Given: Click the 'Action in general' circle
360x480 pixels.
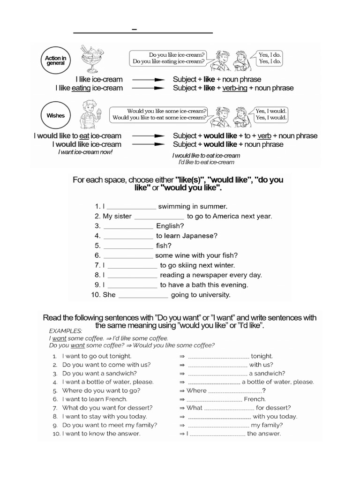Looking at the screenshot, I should pos(55,61).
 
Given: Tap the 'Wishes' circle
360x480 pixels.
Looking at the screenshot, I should pos(55,115).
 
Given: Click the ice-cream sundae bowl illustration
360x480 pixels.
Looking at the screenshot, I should pos(87,59).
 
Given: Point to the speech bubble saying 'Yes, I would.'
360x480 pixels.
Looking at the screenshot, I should pos(270,114).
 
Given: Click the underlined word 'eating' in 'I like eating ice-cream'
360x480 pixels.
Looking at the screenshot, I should pos(81,88).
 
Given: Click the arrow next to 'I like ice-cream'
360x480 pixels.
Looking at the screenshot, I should pos(148,80).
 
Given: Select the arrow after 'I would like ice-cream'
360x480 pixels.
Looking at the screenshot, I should pos(148,144).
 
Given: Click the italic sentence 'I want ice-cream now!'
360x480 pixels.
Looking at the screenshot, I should pos(85,152).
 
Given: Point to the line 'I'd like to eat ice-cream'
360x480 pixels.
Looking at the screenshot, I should pos(206,162).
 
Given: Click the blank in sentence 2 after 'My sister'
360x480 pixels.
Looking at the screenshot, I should pos(159,217).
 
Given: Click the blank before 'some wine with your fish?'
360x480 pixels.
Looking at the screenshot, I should pos(127,256).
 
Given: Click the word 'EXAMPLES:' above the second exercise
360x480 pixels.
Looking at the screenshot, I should pos(66,330).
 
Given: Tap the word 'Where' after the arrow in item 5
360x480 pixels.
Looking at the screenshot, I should pos(196,390).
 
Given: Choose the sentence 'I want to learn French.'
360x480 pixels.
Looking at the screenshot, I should pos(88,399).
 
